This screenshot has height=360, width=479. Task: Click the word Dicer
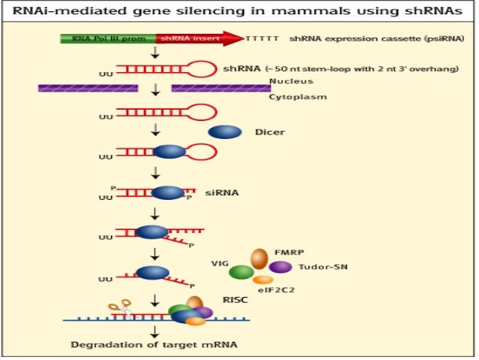[x=270, y=132]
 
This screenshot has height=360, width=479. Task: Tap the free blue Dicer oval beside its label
[x=224, y=132]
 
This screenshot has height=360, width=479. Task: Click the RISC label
[x=234, y=298]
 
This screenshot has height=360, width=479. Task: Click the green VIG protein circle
[x=241, y=272]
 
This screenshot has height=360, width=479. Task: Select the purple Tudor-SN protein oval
[x=280, y=268]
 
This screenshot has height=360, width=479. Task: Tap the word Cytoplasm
[x=293, y=97]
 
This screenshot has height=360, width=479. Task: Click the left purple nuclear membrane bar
[x=88, y=89]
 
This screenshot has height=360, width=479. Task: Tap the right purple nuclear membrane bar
[x=217, y=89]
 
